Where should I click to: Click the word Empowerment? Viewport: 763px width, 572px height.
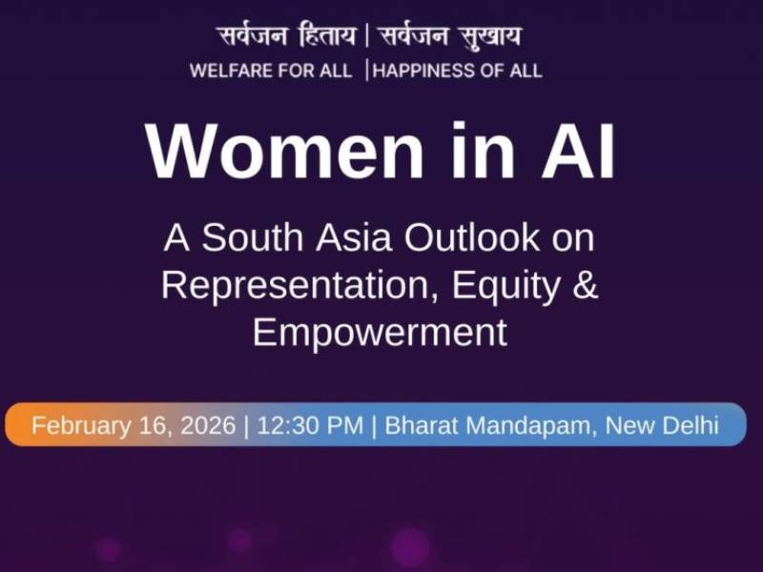point(380,333)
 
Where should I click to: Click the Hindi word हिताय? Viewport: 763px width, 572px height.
point(325,38)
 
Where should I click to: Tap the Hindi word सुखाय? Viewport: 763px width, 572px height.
point(490,38)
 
